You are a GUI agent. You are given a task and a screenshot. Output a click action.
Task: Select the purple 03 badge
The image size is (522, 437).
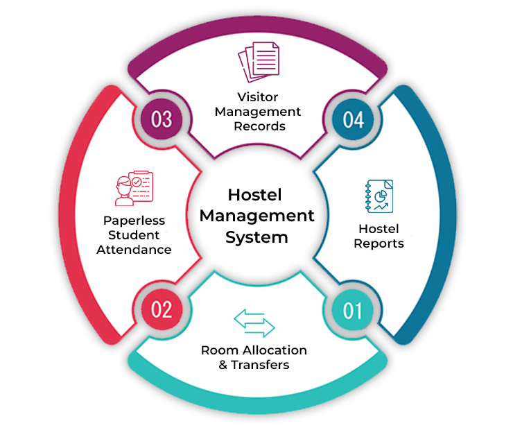[x=162, y=119]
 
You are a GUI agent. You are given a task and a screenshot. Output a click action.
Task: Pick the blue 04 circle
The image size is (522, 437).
[x=353, y=119]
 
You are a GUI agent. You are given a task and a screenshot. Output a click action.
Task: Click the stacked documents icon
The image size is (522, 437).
[x=258, y=65]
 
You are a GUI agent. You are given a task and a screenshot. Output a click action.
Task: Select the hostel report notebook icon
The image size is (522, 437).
[x=379, y=196]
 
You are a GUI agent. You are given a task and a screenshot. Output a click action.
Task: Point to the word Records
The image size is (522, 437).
[x=259, y=126]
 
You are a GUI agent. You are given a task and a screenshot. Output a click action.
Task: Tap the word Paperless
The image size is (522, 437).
[x=134, y=221]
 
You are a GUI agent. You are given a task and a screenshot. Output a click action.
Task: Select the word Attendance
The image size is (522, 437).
[x=134, y=249]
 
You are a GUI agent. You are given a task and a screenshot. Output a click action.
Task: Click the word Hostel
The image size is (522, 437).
[x=379, y=229]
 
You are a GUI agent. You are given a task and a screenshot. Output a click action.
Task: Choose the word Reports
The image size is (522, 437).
[x=379, y=243]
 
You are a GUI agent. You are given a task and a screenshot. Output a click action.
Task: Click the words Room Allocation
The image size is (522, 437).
[x=254, y=350]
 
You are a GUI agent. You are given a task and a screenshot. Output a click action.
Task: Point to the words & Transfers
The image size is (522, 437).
[x=254, y=365]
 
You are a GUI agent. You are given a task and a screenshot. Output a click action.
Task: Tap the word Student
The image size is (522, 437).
[x=134, y=235]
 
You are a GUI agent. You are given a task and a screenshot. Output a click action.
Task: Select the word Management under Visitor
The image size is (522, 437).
[x=258, y=112]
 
